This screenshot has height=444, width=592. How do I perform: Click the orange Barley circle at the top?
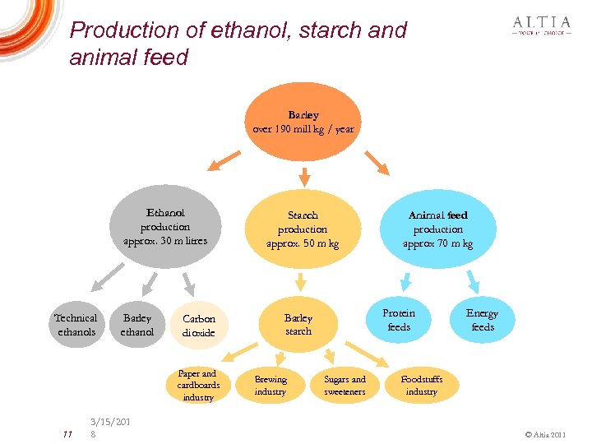pos(303,122)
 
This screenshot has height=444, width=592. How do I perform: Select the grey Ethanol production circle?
pos(165,227)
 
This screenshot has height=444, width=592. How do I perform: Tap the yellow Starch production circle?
pos(303,229)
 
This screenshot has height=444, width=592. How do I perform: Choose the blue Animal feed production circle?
pos(437,229)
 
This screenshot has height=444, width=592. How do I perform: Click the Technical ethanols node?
pos(75,325)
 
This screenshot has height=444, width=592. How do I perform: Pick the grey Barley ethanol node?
pos(137,325)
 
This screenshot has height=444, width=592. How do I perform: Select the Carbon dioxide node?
pos(198,326)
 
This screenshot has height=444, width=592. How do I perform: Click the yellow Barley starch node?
pos(298,324)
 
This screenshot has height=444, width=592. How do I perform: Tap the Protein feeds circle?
pos(399,320)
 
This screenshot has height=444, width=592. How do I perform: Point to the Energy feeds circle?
pos(482,320)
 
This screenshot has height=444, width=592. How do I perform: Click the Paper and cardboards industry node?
pos(198,385)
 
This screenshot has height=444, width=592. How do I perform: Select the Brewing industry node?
pos(271,386)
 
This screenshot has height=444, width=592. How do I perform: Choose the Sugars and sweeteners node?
pos(345,386)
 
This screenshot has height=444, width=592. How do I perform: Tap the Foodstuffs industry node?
pos(421,386)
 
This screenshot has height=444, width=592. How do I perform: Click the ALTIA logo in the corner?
pos(541,26)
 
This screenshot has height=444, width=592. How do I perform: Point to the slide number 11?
pos(68,433)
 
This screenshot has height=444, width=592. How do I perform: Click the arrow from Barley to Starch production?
pos(303,176)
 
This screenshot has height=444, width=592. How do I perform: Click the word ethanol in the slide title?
pos(250,30)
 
